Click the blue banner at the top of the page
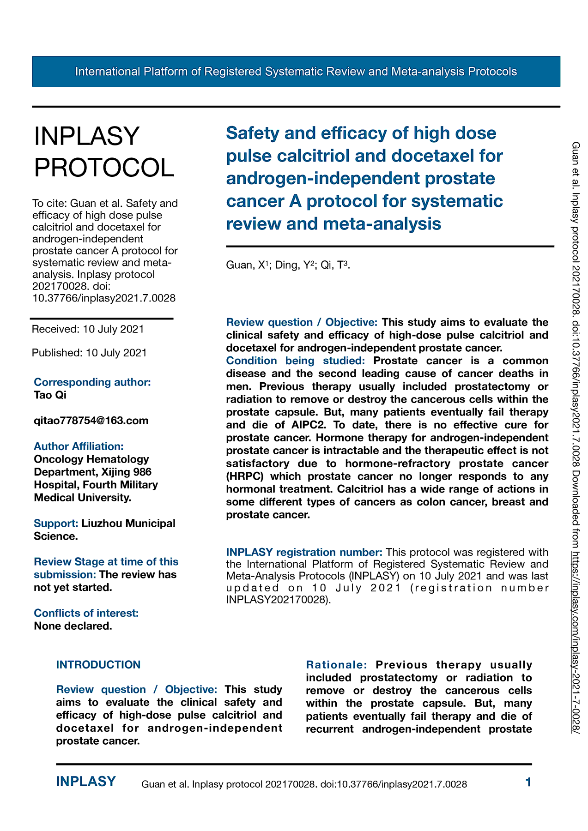296,72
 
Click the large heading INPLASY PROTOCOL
104,151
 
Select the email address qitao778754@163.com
91,421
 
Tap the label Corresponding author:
92,382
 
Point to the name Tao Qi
50,395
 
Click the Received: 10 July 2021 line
88,329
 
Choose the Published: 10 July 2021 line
89,353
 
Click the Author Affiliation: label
79,446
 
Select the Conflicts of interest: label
86,613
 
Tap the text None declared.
73,626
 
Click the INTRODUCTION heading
98,665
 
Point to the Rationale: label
336,665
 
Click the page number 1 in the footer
528,782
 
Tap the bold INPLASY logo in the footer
86,782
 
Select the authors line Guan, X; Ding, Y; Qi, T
288,265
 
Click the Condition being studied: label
295,361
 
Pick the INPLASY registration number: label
304,552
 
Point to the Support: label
56,524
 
